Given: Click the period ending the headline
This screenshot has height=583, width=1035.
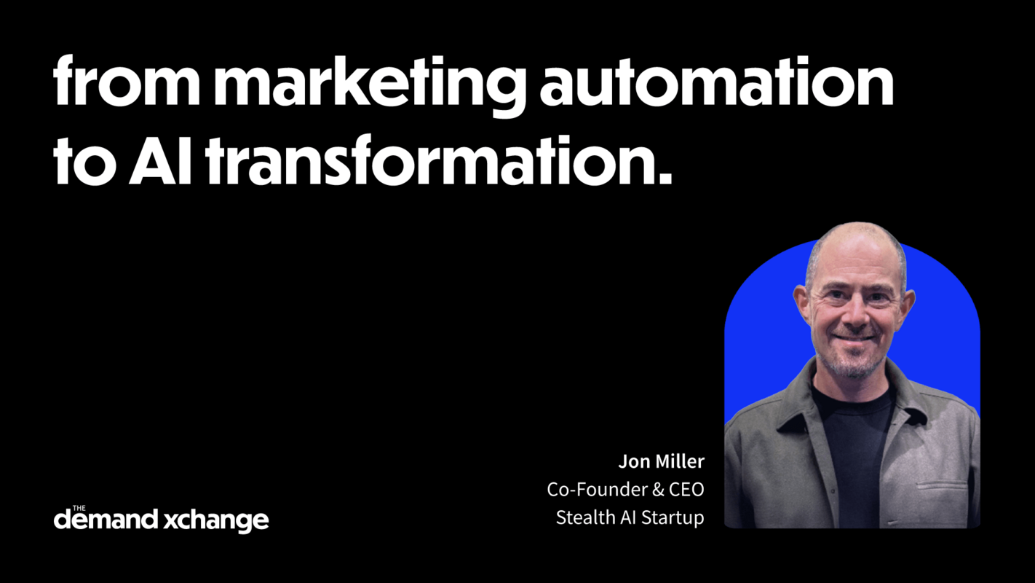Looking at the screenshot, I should (664, 178).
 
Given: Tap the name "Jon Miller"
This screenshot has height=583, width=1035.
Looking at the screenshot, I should (661, 461).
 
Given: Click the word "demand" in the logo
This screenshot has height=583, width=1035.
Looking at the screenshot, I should (106, 520).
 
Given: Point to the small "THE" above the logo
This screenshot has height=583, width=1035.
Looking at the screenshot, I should (79, 508).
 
